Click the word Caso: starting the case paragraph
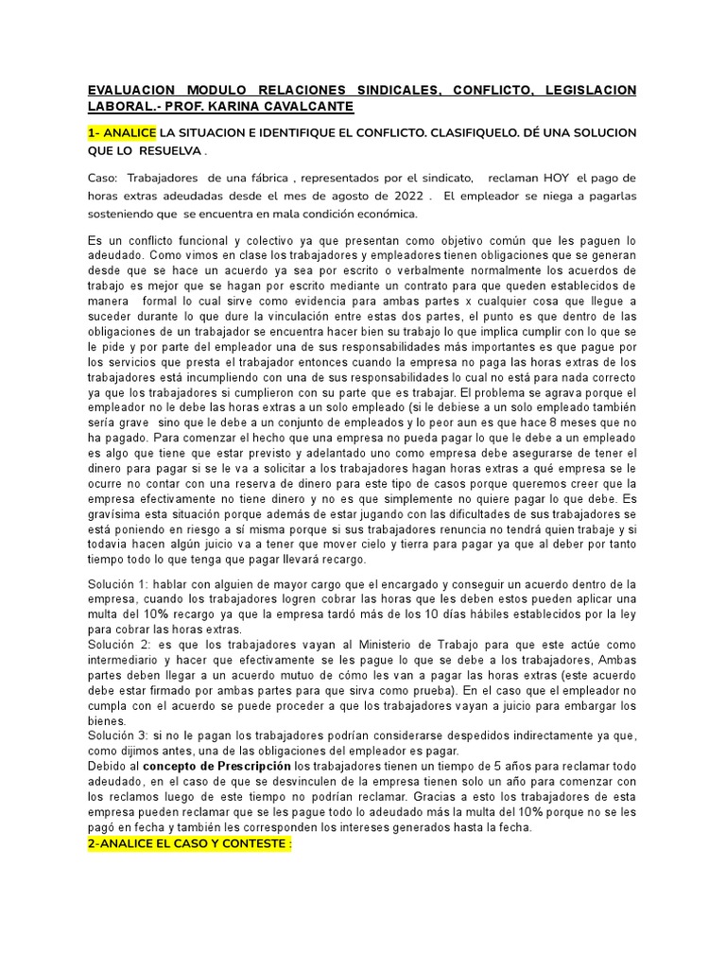tap(102, 179)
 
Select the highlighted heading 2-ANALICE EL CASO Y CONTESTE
tap(190, 842)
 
